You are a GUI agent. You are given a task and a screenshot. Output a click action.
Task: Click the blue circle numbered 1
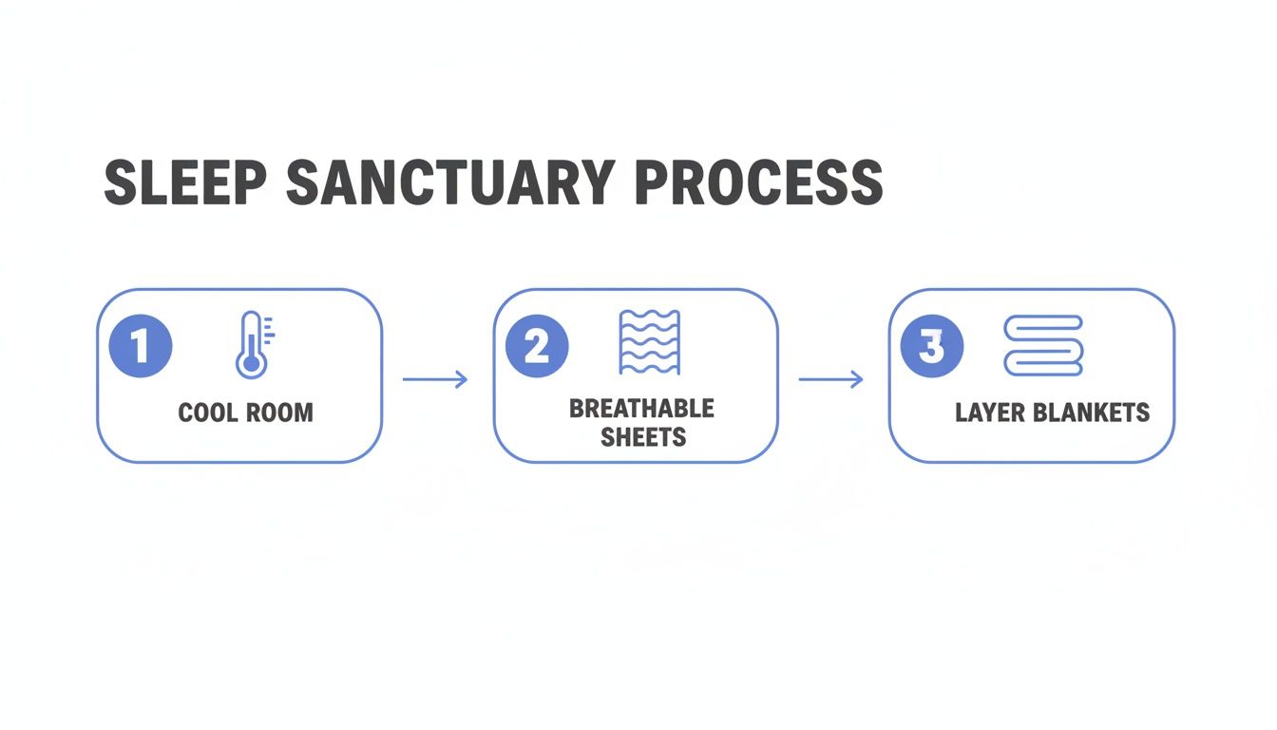click(142, 346)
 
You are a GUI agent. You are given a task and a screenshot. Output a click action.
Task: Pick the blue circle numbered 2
click(537, 346)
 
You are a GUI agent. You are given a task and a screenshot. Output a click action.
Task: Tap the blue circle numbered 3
click(932, 346)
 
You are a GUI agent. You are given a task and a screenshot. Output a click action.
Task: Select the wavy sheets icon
click(648, 342)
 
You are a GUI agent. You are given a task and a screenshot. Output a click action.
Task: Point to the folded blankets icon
click(1043, 345)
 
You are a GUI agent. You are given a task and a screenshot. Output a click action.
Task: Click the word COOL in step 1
click(206, 413)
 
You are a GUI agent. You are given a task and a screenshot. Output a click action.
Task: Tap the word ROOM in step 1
click(279, 413)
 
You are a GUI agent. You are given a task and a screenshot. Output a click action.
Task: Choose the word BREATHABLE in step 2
click(641, 409)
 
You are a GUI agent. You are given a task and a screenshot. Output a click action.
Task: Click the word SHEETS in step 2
click(643, 437)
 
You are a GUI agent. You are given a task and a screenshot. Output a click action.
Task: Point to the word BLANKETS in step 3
click(1094, 413)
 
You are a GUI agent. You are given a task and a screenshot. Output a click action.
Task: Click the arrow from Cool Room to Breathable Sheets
click(435, 379)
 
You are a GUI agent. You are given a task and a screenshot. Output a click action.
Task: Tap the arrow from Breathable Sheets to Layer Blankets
click(830, 379)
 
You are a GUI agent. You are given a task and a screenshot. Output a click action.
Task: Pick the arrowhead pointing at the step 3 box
click(857, 379)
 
